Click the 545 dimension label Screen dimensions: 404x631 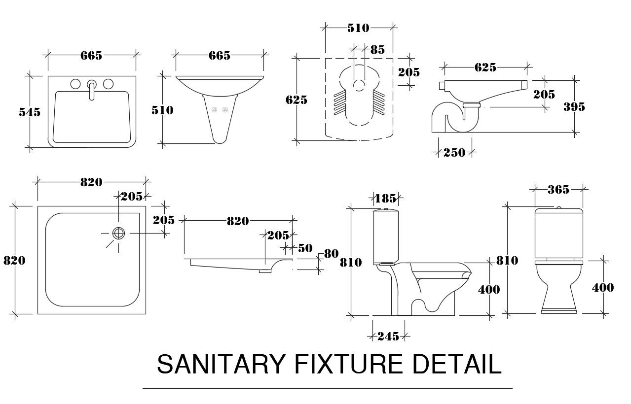point(30,112)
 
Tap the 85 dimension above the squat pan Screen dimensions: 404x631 point(377,49)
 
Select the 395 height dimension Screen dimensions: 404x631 point(574,106)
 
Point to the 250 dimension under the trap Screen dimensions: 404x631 point(454,153)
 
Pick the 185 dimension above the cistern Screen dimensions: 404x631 point(385,199)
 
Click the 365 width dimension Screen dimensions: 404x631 point(558,189)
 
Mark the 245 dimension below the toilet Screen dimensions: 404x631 point(388,337)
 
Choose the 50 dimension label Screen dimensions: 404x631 point(305,248)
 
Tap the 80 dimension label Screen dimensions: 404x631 point(331,254)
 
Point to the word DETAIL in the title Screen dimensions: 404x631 point(457,365)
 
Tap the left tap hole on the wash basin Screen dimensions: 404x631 point(75,84)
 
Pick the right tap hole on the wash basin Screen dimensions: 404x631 point(108,84)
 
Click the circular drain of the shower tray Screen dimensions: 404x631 point(118,234)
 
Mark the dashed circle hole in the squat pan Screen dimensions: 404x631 point(360,85)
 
